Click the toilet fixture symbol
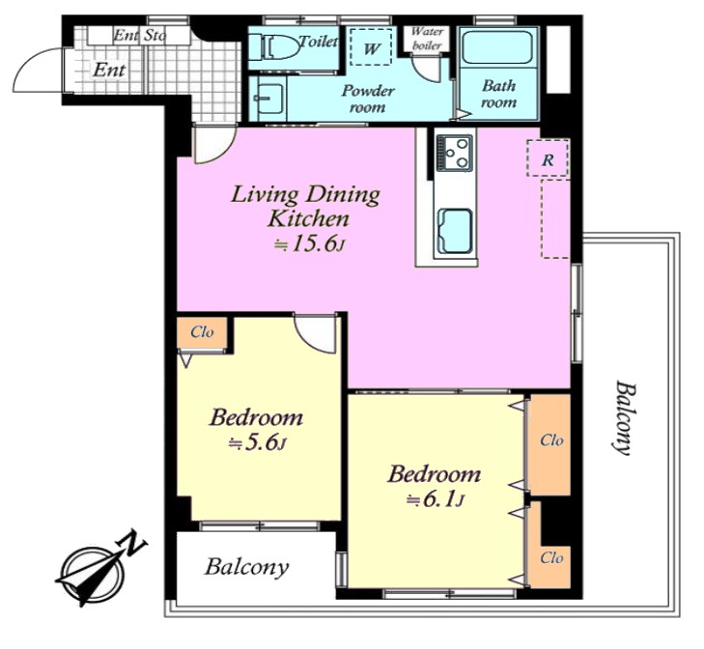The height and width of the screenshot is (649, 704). (x=275, y=46)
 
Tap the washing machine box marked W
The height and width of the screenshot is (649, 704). (x=371, y=47)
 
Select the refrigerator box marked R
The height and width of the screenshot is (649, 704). (x=548, y=158)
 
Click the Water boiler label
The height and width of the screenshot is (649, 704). (x=427, y=39)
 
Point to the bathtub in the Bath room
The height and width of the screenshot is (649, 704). (x=497, y=46)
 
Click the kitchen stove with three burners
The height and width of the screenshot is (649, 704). (x=455, y=153)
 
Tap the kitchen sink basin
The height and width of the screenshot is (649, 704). (x=455, y=231)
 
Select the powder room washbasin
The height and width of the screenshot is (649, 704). (x=268, y=98)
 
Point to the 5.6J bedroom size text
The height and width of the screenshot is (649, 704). (x=257, y=443)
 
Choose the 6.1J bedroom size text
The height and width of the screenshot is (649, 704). (x=435, y=499)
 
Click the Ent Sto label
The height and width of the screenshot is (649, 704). (x=140, y=36)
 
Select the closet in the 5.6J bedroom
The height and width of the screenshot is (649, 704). (x=202, y=333)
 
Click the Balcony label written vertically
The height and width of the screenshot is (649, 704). (x=624, y=417)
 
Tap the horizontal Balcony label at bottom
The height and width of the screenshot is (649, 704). (x=246, y=567)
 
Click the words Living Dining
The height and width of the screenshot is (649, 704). (x=305, y=195)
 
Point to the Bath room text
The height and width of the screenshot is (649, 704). (x=498, y=94)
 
